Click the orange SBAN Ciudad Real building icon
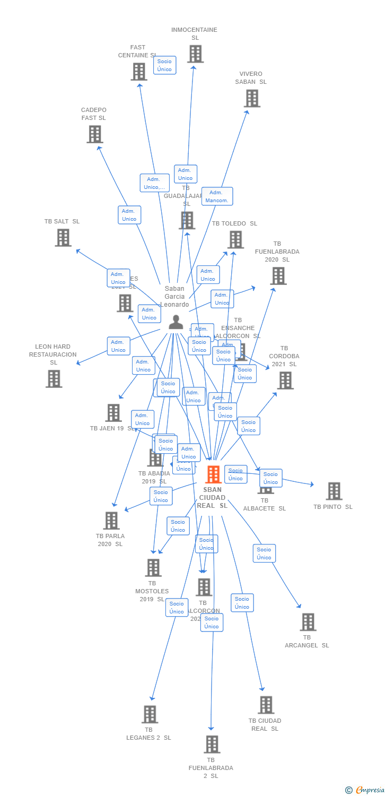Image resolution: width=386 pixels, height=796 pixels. coord(213,474)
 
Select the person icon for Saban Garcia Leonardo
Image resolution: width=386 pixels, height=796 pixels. coord(176,322)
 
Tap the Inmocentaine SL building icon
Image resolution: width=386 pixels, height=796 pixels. coord(195,54)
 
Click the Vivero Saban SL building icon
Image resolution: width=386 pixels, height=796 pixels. coord(252,98)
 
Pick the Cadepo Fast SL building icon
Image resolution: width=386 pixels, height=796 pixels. coord(94,134)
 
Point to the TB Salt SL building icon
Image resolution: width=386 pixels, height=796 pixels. coord(63,238)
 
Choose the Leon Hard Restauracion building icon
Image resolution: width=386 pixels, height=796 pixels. coord(54,379)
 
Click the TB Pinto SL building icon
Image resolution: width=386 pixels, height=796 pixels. coord(334,491)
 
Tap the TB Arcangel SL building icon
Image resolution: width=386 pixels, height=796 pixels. coord(308,622)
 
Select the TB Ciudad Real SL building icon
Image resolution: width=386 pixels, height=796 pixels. coord(266,705)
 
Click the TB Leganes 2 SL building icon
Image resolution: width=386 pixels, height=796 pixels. coord(150,714)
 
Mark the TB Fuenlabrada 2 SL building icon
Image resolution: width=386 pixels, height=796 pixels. coord(212,745)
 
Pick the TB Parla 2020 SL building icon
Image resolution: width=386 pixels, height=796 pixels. coord(111,521)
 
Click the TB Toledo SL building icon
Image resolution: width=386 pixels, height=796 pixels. coord(235,240)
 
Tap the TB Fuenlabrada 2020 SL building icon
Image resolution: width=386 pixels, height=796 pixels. coord(278,276)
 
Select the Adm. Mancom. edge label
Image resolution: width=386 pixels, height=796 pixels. coord(217,196)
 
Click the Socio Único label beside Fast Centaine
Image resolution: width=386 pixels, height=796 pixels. coord(164,65)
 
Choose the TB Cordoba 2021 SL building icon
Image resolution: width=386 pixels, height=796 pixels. coord(285,380)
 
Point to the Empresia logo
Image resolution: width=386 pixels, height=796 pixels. coord(365,790)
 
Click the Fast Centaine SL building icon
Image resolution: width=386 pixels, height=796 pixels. coord(138,72)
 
